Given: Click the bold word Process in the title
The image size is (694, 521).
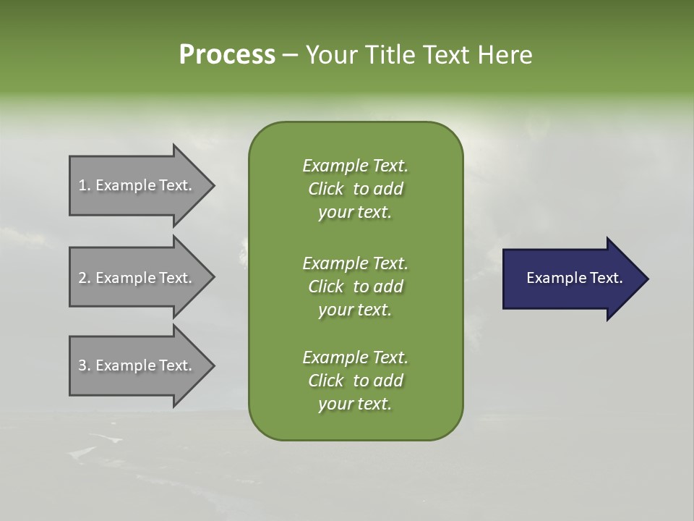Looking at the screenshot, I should point(227,55).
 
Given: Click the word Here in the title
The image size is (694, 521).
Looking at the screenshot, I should point(505,55).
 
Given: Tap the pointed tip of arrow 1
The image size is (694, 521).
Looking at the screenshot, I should point(213,186).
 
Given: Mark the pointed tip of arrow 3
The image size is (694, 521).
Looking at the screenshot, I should point(213,365).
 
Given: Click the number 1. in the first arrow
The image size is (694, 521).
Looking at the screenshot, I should point(85,186).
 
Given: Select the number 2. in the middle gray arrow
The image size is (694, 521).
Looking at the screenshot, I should point(85,278).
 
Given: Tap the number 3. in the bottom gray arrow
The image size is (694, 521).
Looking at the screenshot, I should point(85,365).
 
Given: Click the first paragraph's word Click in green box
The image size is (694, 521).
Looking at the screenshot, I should point(326,190).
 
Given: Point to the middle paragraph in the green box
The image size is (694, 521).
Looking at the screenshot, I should point(355,287).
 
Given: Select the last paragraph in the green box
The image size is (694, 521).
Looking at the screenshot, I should point(355,381).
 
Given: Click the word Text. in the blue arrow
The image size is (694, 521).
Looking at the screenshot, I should point(605,278).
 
